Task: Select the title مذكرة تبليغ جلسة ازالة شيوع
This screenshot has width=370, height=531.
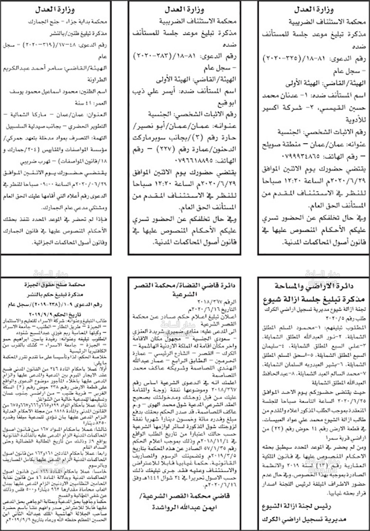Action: coord(314,299)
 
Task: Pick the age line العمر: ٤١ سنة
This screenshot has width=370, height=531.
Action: coord(93,103)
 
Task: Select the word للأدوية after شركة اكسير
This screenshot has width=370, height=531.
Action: coord(356,120)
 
